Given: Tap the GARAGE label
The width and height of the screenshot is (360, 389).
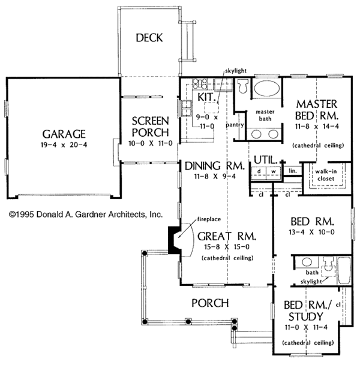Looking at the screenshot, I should pyautogui.click(x=63, y=134).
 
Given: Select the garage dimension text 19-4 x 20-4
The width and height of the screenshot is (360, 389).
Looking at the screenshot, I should pyautogui.click(x=63, y=145).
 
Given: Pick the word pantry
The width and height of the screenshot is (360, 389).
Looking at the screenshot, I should pyautogui.click(x=234, y=126).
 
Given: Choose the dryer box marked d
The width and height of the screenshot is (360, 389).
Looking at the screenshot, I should pyautogui.click(x=258, y=172).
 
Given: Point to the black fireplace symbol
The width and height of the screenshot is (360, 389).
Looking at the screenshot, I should pyautogui.click(x=175, y=241).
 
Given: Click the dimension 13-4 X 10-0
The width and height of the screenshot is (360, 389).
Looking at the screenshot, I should pyautogui.click(x=311, y=232).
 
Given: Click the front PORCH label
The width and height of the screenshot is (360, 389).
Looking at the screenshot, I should pyautogui.click(x=209, y=303).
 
